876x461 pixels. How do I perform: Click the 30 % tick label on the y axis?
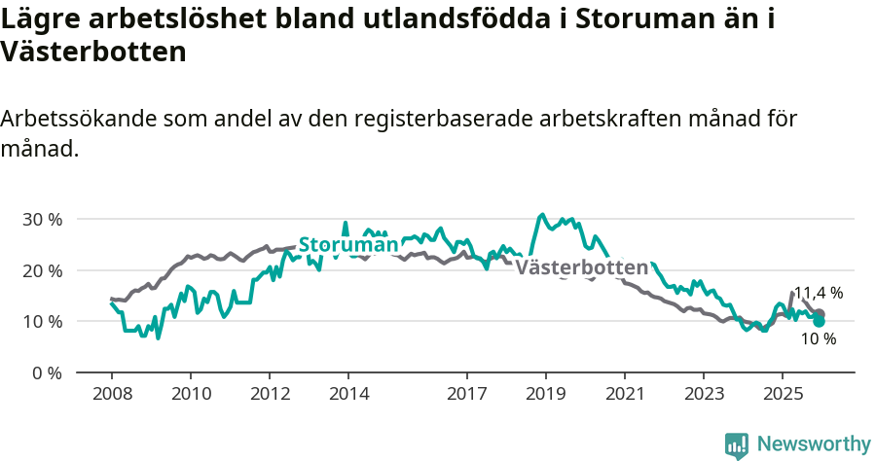(x=42, y=219)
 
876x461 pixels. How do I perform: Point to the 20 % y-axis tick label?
(x=42, y=270)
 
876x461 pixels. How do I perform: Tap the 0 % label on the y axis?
(x=47, y=372)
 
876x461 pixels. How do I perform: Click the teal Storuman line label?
(x=347, y=244)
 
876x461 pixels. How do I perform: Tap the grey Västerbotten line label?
(x=581, y=267)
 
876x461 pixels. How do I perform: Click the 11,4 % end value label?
(x=819, y=293)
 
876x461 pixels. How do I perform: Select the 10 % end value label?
(x=819, y=339)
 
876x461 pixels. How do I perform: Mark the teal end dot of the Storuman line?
(x=820, y=321)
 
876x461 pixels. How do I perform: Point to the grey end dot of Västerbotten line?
(x=820, y=313)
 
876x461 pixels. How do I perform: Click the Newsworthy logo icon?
(x=737, y=444)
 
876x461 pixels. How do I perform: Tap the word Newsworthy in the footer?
(x=814, y=444)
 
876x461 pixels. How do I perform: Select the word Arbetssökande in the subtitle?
(x=79, y=119)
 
